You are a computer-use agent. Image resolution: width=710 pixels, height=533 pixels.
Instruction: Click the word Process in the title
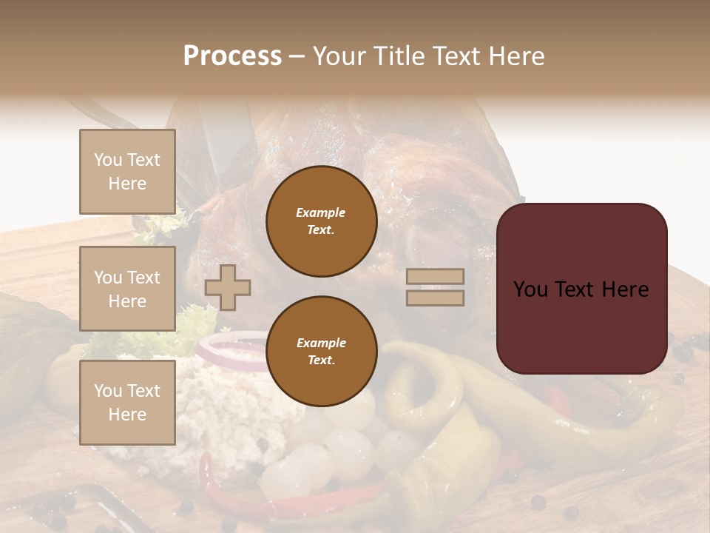232,56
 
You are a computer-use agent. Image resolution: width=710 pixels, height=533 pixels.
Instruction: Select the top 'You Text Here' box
127,172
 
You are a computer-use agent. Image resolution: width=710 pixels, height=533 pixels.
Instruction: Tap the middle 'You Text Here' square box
127,289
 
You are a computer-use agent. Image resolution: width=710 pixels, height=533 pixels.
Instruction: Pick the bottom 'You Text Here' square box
127,403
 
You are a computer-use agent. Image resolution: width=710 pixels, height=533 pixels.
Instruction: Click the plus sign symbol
228,287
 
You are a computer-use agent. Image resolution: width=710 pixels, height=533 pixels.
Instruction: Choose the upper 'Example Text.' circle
321,221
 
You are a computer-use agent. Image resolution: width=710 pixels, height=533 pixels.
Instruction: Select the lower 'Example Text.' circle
321,352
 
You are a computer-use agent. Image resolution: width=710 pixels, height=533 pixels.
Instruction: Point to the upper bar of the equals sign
436,277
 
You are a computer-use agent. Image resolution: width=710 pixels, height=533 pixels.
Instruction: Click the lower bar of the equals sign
436,298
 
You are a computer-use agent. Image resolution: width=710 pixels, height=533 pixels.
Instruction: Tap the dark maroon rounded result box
581,289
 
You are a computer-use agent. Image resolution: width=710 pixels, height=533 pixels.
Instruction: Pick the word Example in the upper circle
321,212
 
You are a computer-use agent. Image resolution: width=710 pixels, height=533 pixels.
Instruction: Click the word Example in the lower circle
321,343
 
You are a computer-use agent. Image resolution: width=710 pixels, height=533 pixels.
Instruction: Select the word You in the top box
108,160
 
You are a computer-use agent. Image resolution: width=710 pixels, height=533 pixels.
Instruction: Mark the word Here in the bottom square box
127,415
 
